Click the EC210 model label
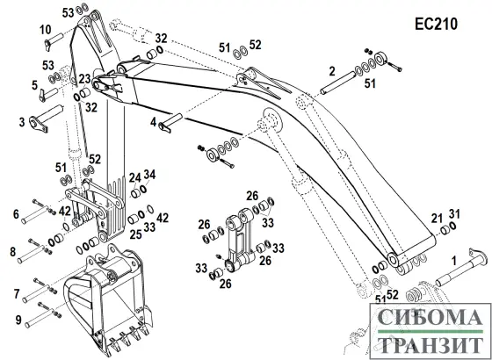[x=436, y=24]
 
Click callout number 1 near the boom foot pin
[x=453, y=261]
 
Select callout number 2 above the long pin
[x=332, y=72]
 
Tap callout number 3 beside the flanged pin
[x=22, y=122]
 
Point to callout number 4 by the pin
[x=153, y=122]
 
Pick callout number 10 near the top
[x=46, y=30]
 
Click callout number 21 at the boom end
[x=437, y=219]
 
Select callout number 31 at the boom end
[x=455, y=214]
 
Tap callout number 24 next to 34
[x=135, y=179]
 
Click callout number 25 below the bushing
[x=136, y=234]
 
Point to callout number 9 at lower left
[x=18, y=320]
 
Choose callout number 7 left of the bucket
[x=17, y=294]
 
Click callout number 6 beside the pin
[x=16, y=214]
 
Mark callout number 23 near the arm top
[x=84, y=79]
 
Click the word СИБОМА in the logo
[x=430, y=317]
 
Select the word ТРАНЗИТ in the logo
[x=430, y=345]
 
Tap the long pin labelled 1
[x=461, y=268]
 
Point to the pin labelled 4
[x=170, y=123]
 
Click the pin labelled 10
[x=54, y=41]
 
